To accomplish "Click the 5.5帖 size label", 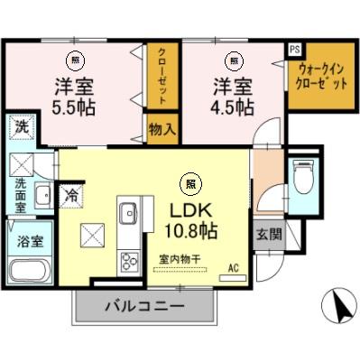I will pos(70,106).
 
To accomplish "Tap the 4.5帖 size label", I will pos(233,106).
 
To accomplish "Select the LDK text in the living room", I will pos(188,209).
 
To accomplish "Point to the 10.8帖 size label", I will pos(188,230).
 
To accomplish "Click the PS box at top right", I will pos(294,49).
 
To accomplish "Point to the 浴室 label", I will pos(20,243).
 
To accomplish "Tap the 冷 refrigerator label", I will pos(69,192).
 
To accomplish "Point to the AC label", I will pos(233,268).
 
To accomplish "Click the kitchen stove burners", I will pos(126,260).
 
